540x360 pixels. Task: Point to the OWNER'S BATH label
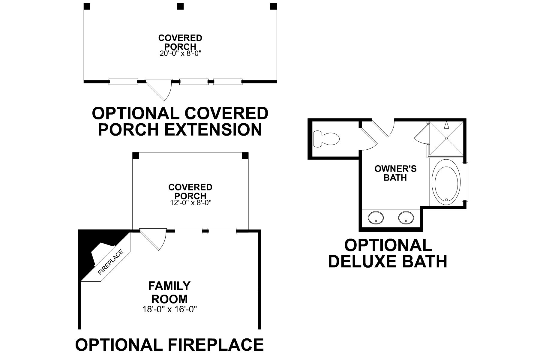click(x=395, y=173)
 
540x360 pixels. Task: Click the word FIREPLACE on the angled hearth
click(x=111, y=262)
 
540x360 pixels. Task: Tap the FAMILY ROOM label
click(x=169, y=292)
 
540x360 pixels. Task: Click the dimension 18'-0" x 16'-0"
click(x=169, y=309)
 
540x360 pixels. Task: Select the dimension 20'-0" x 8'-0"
click(x=180, y=54)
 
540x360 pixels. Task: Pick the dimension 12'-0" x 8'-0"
click(x=190, y=202)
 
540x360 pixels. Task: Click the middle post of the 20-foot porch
click(x=180, y=6)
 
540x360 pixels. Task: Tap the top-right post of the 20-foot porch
click(x=273, y=6)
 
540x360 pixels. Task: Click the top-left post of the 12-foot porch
click(x=136, y=155)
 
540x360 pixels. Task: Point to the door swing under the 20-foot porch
click(x=160, y=90)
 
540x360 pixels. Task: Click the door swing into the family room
click(x=154, y=239)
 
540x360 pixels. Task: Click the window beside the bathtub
click(x=465, y=182)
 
